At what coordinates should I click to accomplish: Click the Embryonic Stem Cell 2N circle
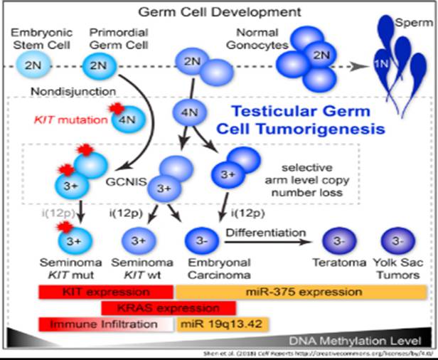(31, 68)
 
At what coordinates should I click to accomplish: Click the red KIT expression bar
(105, 292)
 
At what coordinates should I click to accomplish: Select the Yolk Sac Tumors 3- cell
(393, 241)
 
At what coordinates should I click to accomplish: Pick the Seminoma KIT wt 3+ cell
(139, 240)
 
